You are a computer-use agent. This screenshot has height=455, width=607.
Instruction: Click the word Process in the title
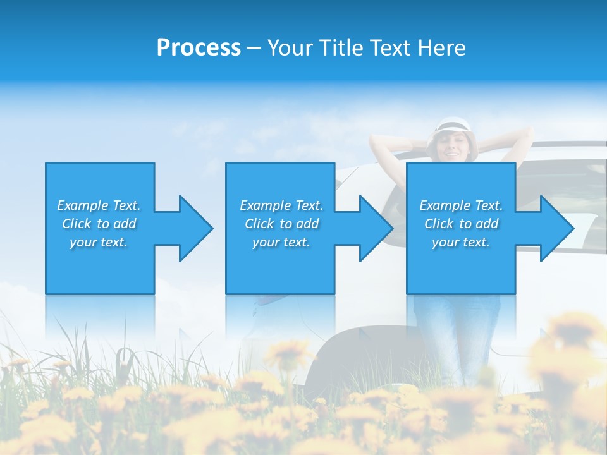[x=199, y=48]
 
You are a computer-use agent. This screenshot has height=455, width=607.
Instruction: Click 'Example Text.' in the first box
[x=99, y=205]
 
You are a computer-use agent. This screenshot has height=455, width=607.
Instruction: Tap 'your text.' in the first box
[x=99, y=242]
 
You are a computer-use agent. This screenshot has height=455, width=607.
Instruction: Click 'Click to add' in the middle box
[x=281, y=224]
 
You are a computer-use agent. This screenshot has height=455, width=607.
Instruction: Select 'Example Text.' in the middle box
[x=281, y=205]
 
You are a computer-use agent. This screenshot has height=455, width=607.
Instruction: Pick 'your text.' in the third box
[x=461, y=242]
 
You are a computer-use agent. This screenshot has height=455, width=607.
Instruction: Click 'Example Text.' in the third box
[x=461, y=205]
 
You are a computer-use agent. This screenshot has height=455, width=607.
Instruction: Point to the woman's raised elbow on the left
[x=374, y=144]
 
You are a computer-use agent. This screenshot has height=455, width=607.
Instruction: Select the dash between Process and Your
[x=254, y=48]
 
